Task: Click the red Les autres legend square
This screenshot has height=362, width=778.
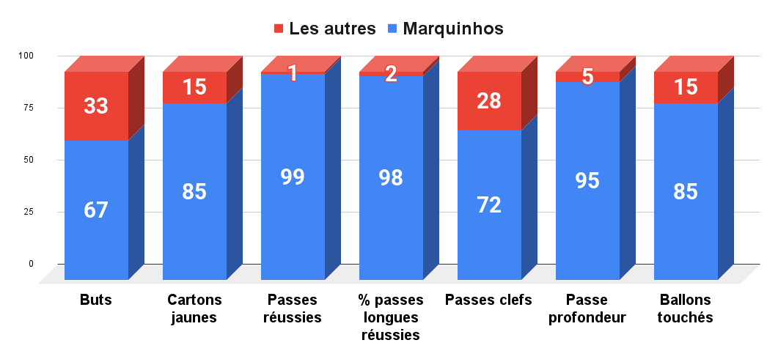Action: [279, 29]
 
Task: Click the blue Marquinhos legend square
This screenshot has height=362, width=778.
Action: [392, 29]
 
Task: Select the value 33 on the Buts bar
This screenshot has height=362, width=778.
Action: [96, 106]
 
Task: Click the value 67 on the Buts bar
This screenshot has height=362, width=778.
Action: [96, 210]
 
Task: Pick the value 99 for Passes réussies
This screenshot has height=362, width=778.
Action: [293, 177]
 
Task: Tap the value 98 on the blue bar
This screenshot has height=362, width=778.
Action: [391, 178]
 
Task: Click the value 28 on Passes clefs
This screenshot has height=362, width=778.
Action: [489, 101]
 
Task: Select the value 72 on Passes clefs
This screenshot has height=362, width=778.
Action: [489, 205]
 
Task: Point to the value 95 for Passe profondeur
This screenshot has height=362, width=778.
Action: [587, 180]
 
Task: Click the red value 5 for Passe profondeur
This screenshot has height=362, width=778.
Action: [587, 76]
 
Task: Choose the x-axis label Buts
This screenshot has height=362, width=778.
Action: [96, 300]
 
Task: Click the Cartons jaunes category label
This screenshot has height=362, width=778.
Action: [194, 309]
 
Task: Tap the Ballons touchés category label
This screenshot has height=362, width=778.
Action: [686, 309]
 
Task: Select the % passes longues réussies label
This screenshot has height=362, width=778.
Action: [391, 317]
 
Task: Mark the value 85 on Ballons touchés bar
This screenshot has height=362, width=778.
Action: [686, 192]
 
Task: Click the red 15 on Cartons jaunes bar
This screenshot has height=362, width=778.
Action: [194, 87]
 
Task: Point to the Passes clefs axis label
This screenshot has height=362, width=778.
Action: [489, 300]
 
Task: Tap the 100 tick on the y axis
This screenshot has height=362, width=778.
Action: [26, 56]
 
